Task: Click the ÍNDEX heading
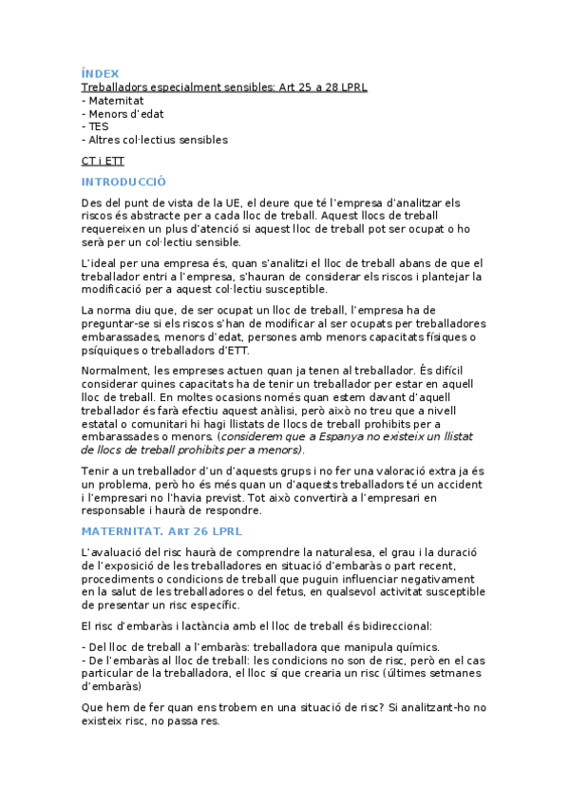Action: (101, 73)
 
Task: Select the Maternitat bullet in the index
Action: (115, 100)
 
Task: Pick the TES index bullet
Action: (97, 126)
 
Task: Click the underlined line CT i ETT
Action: (103, 161)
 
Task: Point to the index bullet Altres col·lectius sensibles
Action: (158, 140)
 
